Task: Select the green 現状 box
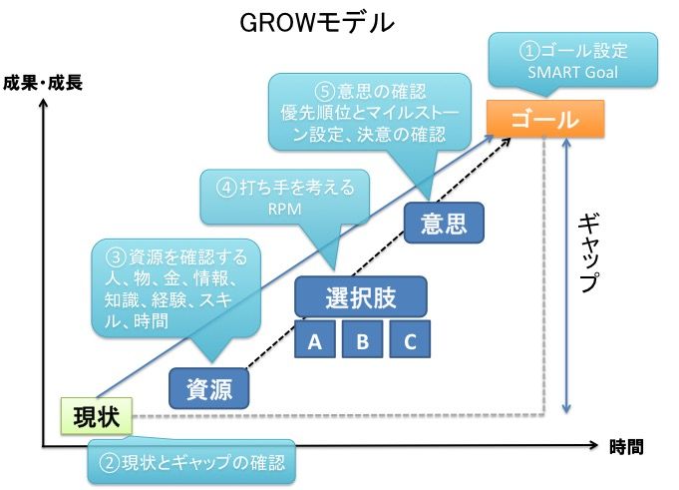(95, 415)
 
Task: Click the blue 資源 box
(209, 389)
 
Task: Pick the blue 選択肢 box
(361, 296)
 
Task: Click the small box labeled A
(314, 341)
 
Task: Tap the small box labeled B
(362, 341)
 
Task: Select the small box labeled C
(409, 341)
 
